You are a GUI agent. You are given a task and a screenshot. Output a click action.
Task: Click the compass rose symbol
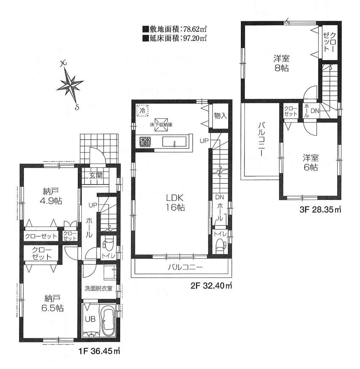(71, 85)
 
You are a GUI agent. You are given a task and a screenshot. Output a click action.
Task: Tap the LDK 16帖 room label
(175, 202)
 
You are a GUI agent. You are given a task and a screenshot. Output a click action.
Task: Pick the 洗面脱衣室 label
(98, 288)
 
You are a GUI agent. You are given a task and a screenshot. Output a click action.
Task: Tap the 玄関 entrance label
(96, 176)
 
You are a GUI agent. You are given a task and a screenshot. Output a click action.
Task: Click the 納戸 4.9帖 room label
(49, 196)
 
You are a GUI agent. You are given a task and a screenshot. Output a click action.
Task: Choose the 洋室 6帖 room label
(309, 162)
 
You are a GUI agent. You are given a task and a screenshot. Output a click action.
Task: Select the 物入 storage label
(220, 116)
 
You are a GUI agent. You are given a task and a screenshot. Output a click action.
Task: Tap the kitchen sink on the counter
(174, 142)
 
